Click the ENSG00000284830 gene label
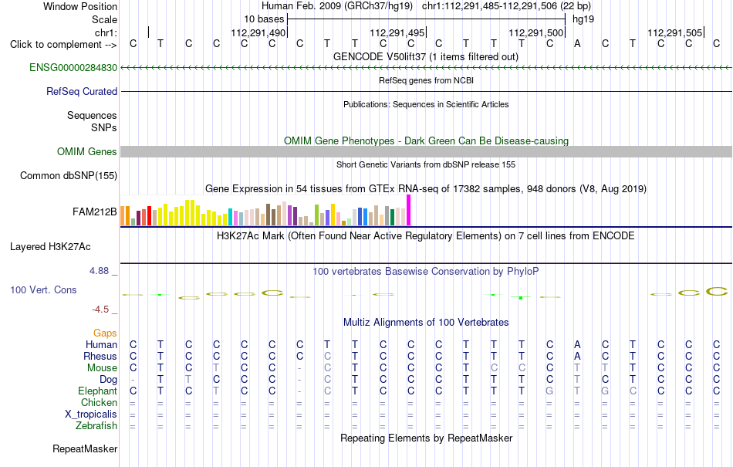[x=73, y=67]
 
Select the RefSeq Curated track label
[x=82, y=91]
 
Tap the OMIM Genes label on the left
[x=87, y=151]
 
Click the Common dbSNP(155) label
[x=69, y=175]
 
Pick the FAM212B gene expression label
[x=94, y=212]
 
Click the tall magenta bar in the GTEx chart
[x=409, y=211]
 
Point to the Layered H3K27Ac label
[x=50, y=247]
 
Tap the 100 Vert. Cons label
[x=43, y=289]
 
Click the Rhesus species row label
[x=101, y=356]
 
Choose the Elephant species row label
[x=98, y=391]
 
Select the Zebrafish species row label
[x=96, y=425]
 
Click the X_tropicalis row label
[x=91, y=415]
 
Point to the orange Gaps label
[x=105, y=333]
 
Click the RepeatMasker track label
[x=85, y=448]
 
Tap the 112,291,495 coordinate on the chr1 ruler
[x=397, y=32]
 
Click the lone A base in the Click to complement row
[x=577, y=43]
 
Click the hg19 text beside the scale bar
[x=583, y=19]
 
